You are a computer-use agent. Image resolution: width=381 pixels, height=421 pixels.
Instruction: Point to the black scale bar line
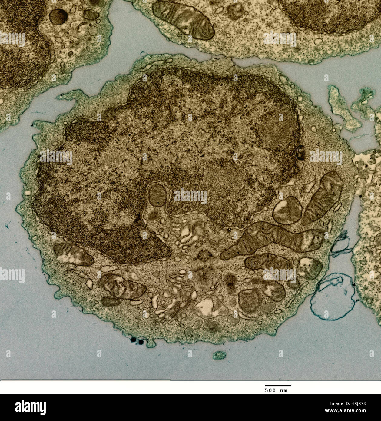pyautogui.click(x=278, y=386)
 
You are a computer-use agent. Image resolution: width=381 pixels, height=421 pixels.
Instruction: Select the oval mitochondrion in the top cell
pyautogui.click(x=183, y=20)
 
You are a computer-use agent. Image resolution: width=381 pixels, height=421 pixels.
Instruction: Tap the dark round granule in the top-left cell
pyautogui.click(x=58, y=16)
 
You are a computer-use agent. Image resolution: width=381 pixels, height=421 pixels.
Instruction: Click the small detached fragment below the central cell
pyautogui.click(x=219, y=355)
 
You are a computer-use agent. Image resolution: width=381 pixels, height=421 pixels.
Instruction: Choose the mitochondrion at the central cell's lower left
pyautogui.click(x=73, y=254)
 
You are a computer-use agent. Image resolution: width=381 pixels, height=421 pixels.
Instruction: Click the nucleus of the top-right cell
pyautogui.click(x=330, y=14)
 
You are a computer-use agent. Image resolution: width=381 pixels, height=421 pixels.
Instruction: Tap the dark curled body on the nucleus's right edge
pyautogui.click(x=300, y=152)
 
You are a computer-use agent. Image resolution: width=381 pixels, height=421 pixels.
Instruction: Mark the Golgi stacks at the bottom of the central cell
pyautogui.click(x=173, y=300)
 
